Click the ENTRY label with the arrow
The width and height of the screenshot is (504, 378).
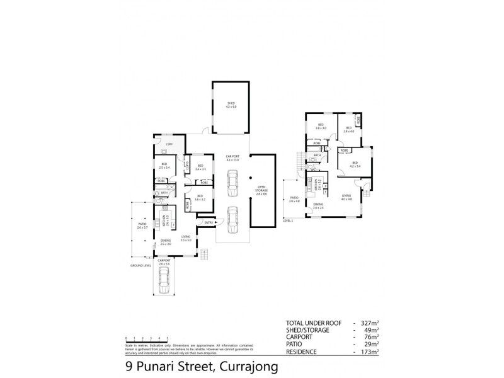[x=209, y=222]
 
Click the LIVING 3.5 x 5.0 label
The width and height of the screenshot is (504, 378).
[x=185, y=239]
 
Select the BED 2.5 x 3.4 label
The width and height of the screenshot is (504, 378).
[x=165, y=168]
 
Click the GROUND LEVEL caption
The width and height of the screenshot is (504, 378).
[x=140, y=266]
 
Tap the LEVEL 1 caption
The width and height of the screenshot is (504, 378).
[x=289, y=221]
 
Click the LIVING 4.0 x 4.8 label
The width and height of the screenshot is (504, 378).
[x=346, y=198]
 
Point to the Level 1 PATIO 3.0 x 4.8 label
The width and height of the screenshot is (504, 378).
[x=294, y=200]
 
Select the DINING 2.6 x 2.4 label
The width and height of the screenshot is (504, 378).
[x=318, y=206]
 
